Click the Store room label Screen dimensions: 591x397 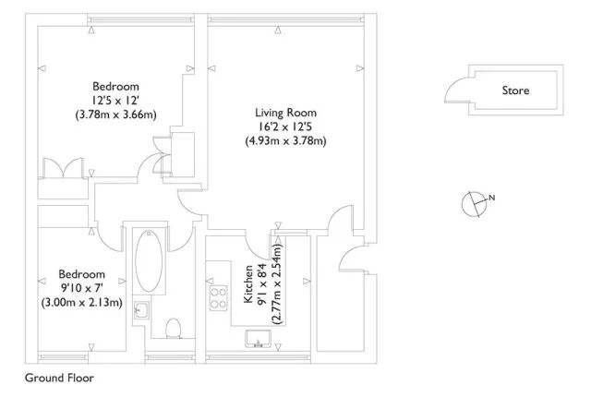click(515, 90)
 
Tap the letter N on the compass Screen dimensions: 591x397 click(491, 198)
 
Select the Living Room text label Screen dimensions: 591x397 click(285, 113)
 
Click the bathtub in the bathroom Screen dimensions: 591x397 click(149, 260)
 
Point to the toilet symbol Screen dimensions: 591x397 click(174, 329)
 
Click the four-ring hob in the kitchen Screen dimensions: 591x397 click(219, 298)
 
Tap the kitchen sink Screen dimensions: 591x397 click(259, 339)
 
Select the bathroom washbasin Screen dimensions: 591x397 click(141, 310)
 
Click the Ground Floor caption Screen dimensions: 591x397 click(59, 378)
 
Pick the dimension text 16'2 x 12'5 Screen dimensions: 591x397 click(285, 126)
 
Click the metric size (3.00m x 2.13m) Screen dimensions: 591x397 click(82, 303)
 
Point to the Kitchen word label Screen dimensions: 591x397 click(248, 284)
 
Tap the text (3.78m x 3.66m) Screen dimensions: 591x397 click(115, 114)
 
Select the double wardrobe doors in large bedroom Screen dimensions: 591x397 click(63, 168)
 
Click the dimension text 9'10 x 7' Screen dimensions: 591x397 click(82, 289)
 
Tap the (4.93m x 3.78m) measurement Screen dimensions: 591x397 click(285, 141)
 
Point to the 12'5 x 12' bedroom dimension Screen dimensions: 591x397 click(115, 101)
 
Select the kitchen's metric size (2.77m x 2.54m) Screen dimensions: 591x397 click(277, 284)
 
